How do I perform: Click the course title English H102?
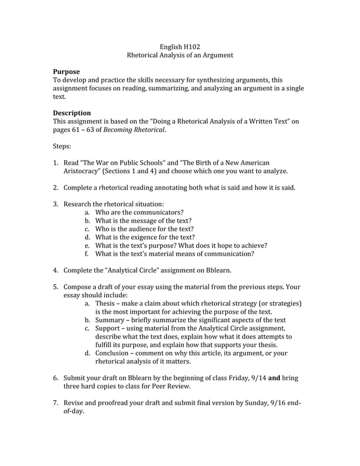pyautogui.click(x=179, y=47)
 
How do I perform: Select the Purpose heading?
pyautogui.click(x=66, y=72)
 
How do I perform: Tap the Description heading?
pyautogui.click(x=72, y=113)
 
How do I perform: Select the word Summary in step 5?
pyautogui.click(x=110, y=320)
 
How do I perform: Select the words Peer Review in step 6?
pyautogui.click(x=170, y=386)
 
